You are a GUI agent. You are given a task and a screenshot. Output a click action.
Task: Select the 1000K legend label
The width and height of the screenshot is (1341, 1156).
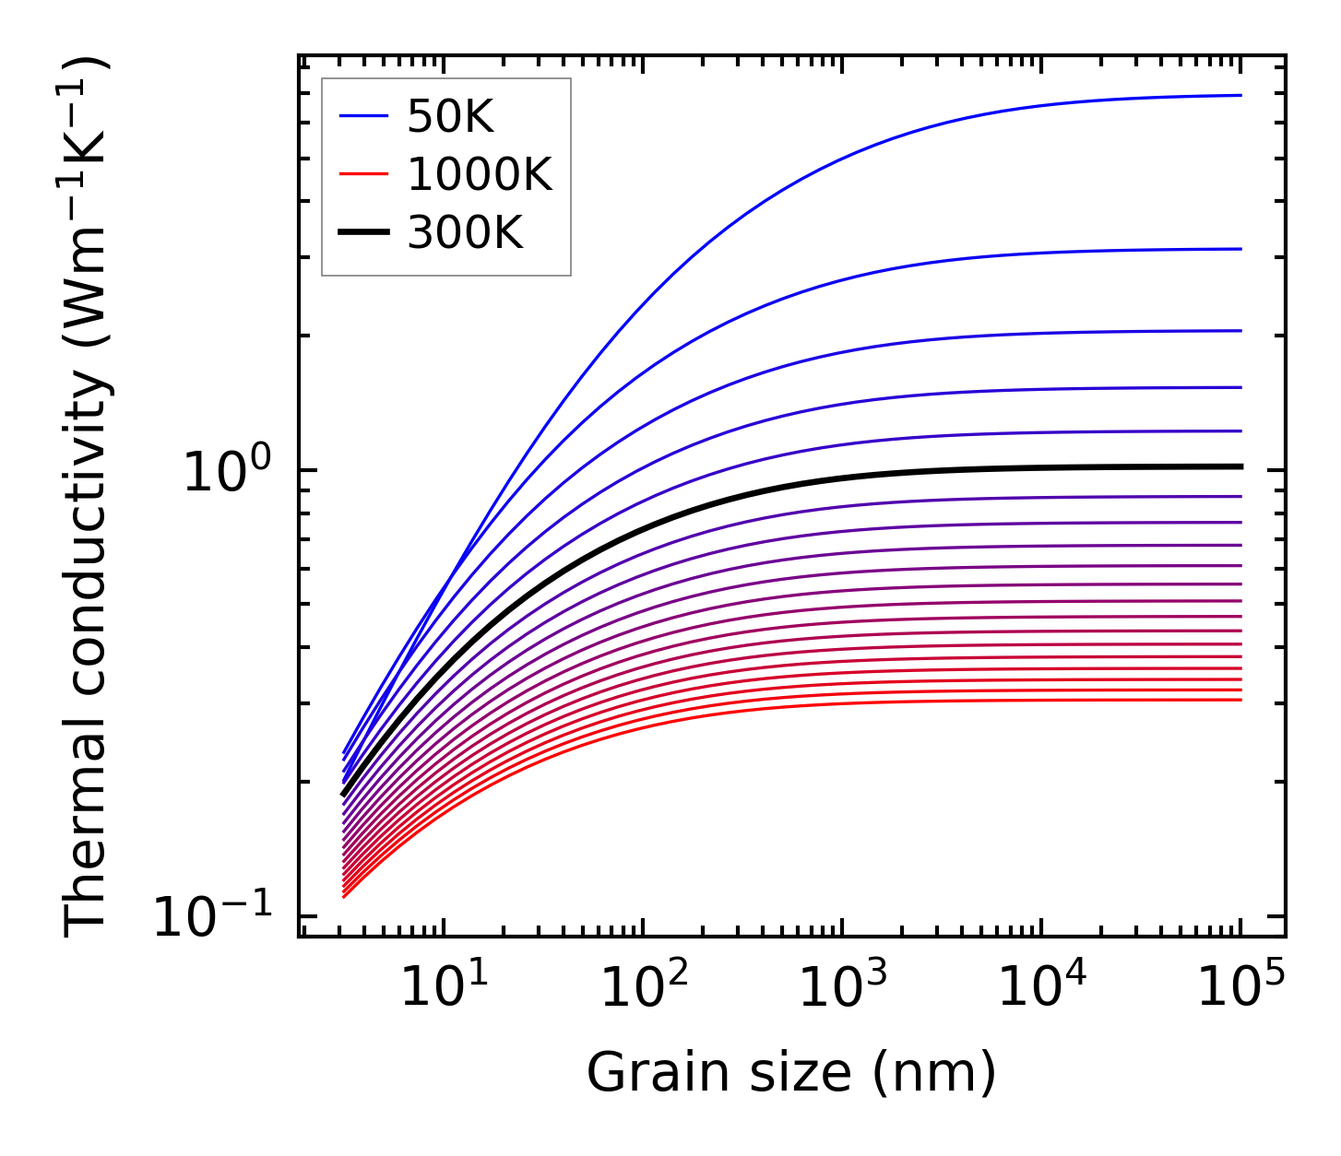click(x=479, y=174)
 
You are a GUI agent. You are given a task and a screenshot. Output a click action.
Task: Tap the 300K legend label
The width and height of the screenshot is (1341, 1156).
click(x=464, y=233)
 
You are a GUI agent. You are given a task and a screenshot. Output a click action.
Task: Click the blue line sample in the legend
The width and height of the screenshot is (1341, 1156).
click(x=363, y=116)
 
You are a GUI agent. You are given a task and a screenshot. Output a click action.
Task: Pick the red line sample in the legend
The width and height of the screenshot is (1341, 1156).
click(x=363, y=174)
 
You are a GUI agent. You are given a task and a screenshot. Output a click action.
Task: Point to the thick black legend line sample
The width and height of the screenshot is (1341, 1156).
click(x=363, y=233)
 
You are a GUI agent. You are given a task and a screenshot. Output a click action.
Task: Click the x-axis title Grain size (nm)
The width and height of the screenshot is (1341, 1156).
click(x=791, y=1073)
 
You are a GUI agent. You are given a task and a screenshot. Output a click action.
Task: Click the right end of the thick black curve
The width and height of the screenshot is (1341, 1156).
click(x=1240, y=466)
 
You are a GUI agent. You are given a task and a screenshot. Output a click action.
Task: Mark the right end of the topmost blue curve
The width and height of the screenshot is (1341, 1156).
click(x=1240, y=95)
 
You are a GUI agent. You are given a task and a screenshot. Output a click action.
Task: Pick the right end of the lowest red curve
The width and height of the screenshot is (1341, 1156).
click(x=1240, y=700)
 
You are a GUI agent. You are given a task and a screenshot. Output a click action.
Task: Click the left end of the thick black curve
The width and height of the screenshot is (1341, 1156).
click(x=343, y=794)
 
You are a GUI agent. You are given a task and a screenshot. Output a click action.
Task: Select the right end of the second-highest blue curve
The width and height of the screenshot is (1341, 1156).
click(x=1240, y=249)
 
